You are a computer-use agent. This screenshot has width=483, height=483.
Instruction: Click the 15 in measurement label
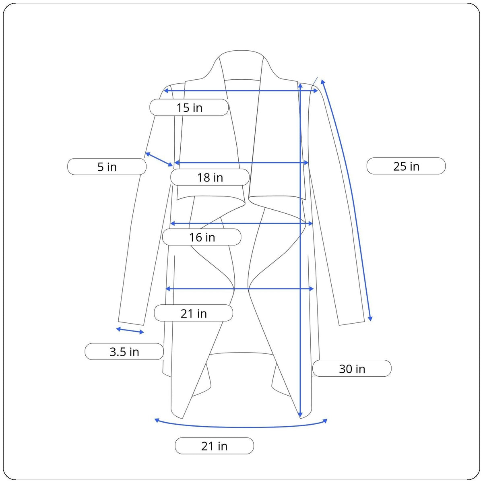point(189,107)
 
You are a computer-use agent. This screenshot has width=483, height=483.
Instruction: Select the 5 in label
point(107,167)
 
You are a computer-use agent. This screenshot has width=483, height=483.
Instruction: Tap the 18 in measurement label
point(210,178)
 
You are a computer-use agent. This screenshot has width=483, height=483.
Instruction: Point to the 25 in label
point(406,166)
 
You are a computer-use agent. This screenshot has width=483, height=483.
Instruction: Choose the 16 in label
point(202,237)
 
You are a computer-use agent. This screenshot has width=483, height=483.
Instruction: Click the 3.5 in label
point(124,352)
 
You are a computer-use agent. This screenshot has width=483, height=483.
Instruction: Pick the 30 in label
point(352,369)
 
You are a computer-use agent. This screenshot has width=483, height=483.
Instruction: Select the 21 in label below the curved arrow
point(214,446)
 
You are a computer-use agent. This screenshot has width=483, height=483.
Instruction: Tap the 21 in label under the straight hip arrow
point(194,313)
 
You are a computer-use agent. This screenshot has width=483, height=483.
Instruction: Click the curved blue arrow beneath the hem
point(241,427)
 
